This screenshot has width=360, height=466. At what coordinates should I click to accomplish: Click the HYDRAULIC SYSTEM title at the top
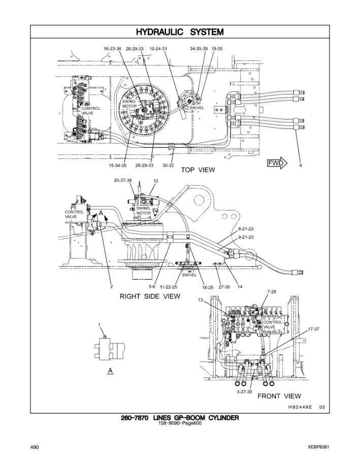tap(180, 32)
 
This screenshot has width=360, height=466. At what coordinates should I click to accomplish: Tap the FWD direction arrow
tap(277, 163)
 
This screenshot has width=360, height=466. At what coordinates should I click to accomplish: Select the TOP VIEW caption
tap(198, 170)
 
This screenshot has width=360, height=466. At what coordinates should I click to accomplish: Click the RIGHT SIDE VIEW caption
tap(149, 296)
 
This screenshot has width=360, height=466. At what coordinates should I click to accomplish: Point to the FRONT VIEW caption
tap(279, 396)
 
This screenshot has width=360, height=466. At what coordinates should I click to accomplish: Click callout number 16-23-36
tap(112, 49)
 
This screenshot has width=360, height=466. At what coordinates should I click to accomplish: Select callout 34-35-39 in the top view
tap(199, 49)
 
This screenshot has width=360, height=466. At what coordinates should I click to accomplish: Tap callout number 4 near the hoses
tap(301, 166)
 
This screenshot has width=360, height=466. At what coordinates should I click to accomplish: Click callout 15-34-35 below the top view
tap(117, 166)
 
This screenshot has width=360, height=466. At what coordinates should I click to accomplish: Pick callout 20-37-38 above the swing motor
tap(123, 180)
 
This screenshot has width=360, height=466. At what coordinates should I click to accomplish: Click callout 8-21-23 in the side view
tap(246, 230)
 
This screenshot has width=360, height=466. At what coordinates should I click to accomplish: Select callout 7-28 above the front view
tap(272, 291)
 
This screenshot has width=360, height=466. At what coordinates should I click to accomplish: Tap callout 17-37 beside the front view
tap(313, 329)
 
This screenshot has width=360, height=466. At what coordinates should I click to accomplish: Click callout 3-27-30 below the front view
tap(244, 392)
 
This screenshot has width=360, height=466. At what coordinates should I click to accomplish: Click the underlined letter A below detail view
tap(110, 370)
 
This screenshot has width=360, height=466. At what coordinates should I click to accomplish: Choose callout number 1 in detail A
tap(100, 324)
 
